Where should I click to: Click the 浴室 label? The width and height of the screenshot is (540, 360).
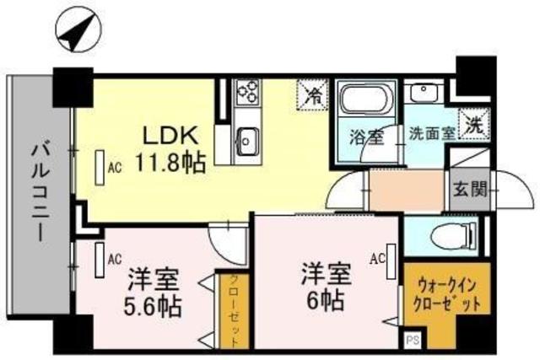tap(365, 134)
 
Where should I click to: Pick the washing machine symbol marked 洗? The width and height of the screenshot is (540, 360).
tap(472, 125)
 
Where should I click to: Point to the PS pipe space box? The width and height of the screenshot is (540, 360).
tap(413, 341)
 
